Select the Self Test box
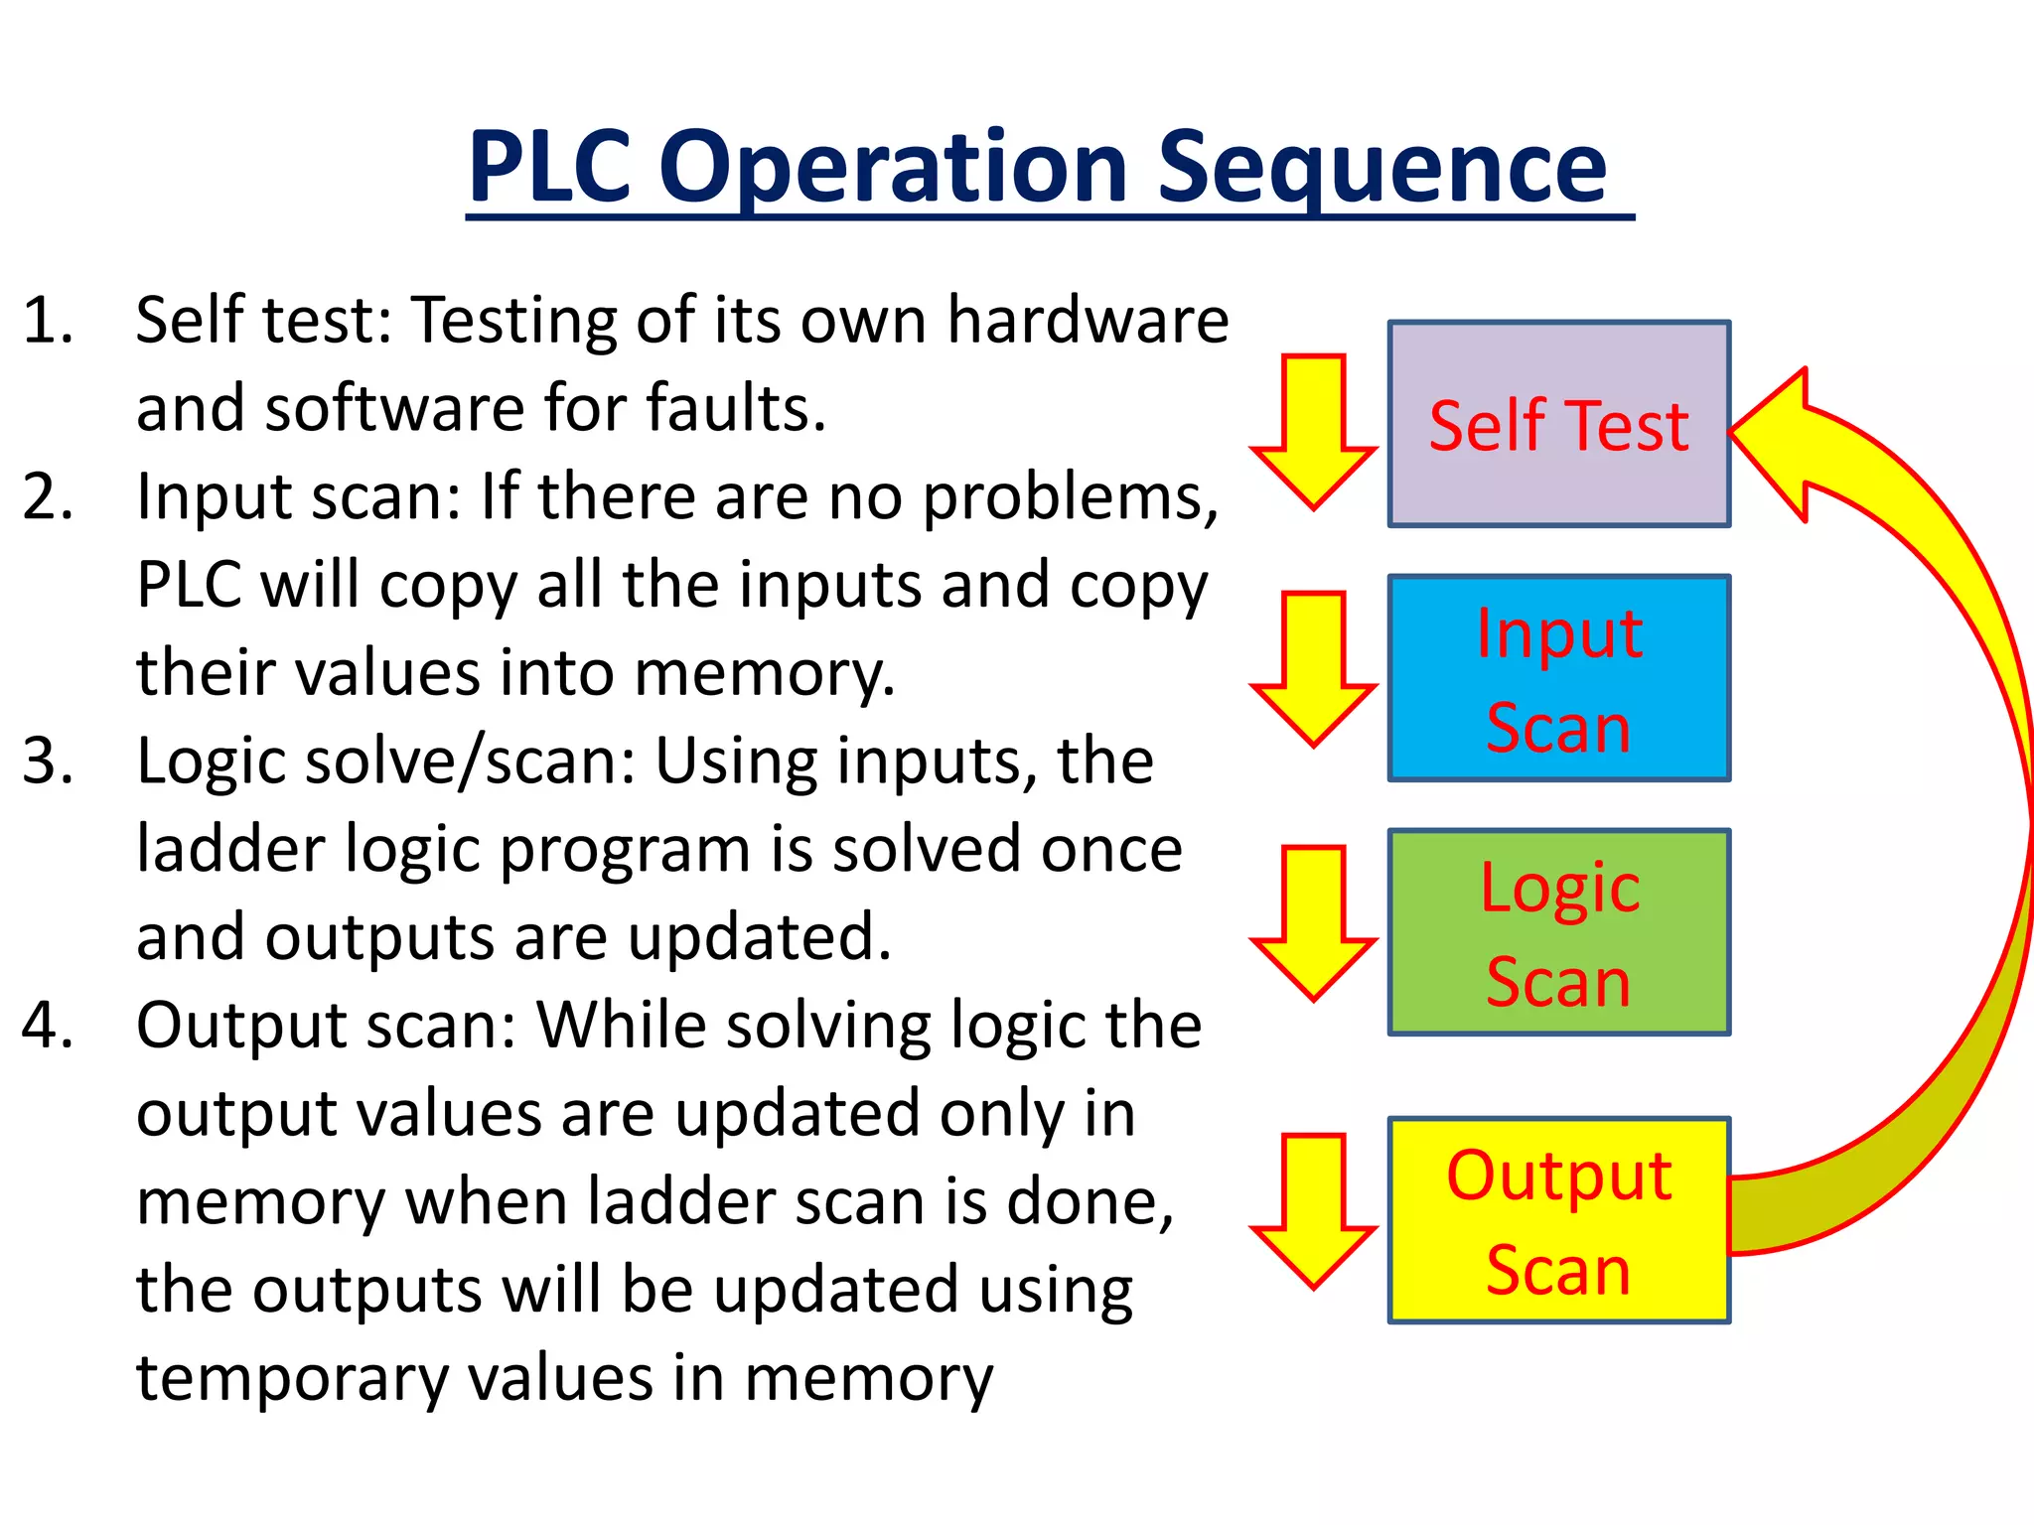1558,424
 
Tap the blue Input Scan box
1558,678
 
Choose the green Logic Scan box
1558,932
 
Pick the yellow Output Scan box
1558,1220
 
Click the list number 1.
48,321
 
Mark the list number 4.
48,1026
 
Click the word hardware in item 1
1088,321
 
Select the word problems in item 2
1070,496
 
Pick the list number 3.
48,762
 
